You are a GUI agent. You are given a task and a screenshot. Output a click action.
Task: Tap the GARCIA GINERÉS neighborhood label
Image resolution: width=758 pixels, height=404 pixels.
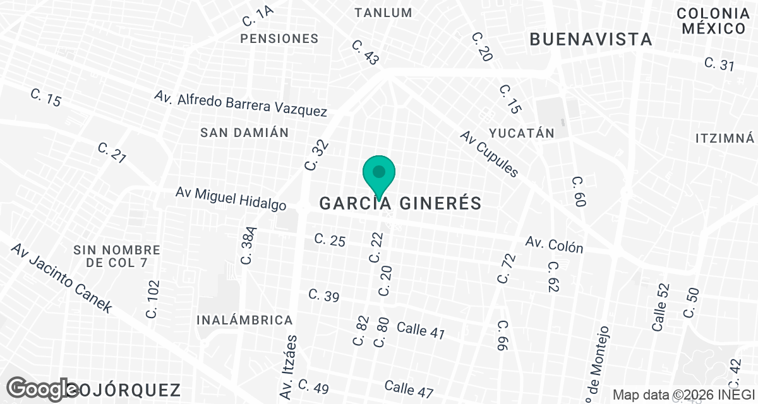point(400,203)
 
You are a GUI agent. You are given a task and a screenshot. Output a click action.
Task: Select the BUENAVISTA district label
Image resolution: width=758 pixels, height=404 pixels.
point(591,39)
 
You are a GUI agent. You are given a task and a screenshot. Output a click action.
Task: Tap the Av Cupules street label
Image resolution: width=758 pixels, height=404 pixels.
point(489,153)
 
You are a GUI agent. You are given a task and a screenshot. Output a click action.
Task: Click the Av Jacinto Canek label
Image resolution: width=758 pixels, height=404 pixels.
point(61,278)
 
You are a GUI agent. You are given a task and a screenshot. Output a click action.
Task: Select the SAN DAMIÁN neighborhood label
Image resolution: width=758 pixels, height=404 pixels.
point(244,133)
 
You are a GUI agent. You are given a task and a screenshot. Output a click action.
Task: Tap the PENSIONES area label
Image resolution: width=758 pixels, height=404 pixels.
point(279,39)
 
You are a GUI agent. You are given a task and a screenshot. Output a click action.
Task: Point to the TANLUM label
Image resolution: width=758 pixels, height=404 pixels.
point(383,13)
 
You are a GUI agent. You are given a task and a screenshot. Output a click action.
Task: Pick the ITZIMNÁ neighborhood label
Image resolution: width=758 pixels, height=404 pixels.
point(725,138)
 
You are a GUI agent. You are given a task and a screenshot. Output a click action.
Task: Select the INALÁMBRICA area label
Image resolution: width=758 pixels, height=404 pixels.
point(244,320)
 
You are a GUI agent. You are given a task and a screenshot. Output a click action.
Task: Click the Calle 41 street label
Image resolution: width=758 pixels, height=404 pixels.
point(421,330)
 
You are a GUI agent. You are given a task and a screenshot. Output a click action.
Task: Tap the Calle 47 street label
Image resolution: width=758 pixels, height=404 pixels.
point(409,388)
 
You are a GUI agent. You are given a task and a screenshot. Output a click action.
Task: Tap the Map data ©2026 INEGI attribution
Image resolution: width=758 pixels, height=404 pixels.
point(684,395)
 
